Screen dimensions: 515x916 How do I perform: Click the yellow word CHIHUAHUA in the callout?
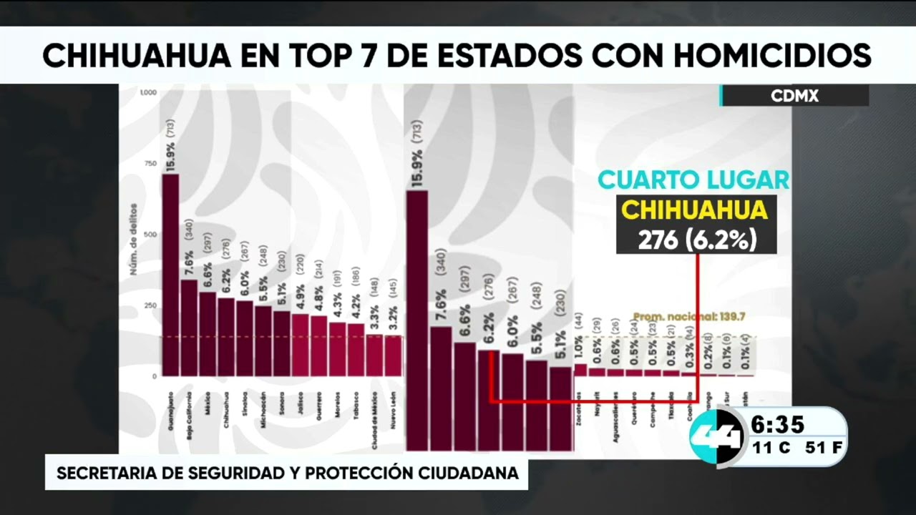point(694,210)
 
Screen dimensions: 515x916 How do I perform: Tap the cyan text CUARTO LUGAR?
point(693,180)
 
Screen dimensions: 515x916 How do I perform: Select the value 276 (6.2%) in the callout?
point(696,240)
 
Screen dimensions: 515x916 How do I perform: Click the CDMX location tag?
point(794,96)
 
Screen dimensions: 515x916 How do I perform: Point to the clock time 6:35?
point(777,426)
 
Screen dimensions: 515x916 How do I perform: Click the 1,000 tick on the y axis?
point(148,93)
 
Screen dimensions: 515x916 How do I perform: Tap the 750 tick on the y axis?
point(150,164)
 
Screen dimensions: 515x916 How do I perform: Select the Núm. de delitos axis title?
point(133,247)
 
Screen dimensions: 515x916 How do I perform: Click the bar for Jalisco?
point(301,345)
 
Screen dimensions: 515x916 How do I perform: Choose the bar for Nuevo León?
point(393,355)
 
